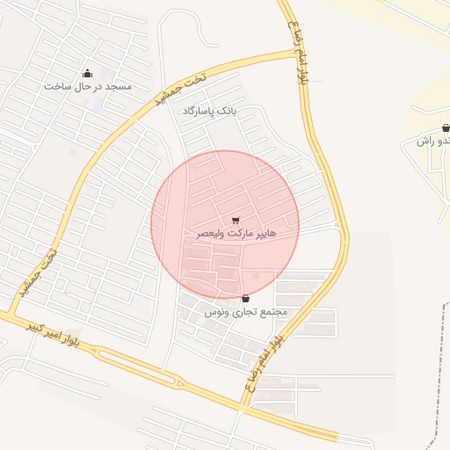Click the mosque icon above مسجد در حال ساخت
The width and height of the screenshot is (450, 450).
(x=87, y=74)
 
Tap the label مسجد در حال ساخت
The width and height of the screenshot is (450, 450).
(x=87, y=87)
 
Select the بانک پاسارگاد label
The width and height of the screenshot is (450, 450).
(x=210, y=112)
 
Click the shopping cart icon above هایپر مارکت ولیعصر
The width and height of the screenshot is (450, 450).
(x=235, y=221)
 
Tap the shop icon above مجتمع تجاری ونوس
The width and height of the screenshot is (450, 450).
(x=244, y=299)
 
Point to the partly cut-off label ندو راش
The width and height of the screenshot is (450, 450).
(x=434, y=141)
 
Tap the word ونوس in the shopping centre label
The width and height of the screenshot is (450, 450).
(x=216, y=312)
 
